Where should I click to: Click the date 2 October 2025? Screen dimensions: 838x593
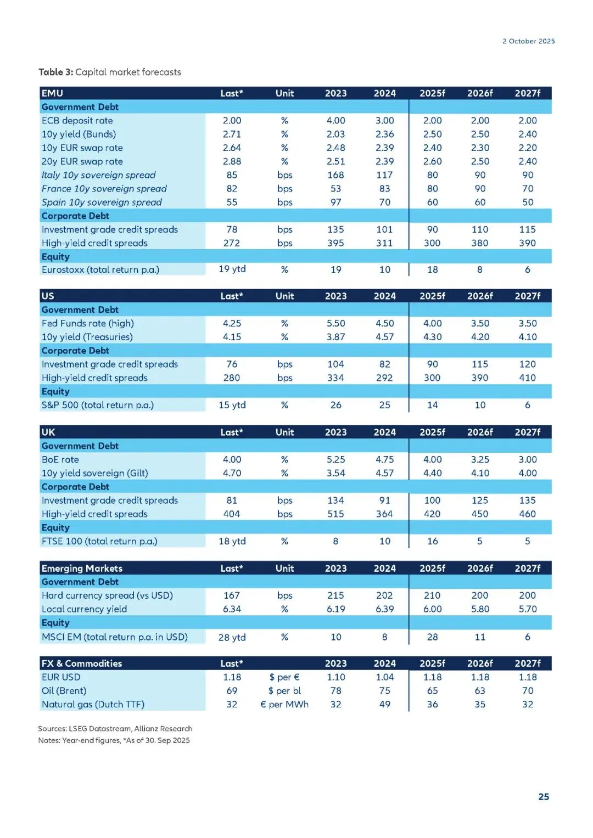tap(528, 41)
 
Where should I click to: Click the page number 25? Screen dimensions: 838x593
tap(544, 796)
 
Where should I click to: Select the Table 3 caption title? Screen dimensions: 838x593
tap(110, 72)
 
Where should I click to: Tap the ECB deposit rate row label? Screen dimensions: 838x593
tap(77, 121)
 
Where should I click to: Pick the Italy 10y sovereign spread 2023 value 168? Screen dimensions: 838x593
tap(335, 175)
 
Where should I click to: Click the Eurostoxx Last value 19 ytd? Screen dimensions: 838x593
tap(232, 269)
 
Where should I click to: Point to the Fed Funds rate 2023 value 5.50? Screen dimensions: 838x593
tap(335, 323)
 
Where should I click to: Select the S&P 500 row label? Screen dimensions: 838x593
tap(98, 405)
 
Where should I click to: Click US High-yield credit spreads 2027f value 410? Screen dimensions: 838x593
tap(527, 378)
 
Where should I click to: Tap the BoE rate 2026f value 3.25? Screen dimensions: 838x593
tap(480, 459)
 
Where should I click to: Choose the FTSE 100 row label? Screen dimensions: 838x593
tap(99, 541)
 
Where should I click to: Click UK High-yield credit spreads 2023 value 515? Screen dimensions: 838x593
tap(335, 514)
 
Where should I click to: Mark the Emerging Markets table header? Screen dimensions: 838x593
tap(82, 569)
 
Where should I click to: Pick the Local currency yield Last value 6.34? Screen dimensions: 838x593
tap(232, 609)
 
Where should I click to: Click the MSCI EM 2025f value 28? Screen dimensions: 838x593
tap(432, 637)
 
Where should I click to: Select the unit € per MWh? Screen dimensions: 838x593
tap(284, 704)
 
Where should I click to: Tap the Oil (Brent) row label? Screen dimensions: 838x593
tap(64, 690)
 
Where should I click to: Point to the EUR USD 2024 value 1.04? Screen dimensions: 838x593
tap(384, 677)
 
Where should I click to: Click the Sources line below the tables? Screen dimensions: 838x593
tap(115, 728)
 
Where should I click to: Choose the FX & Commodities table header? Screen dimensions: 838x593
tap(82, 663)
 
